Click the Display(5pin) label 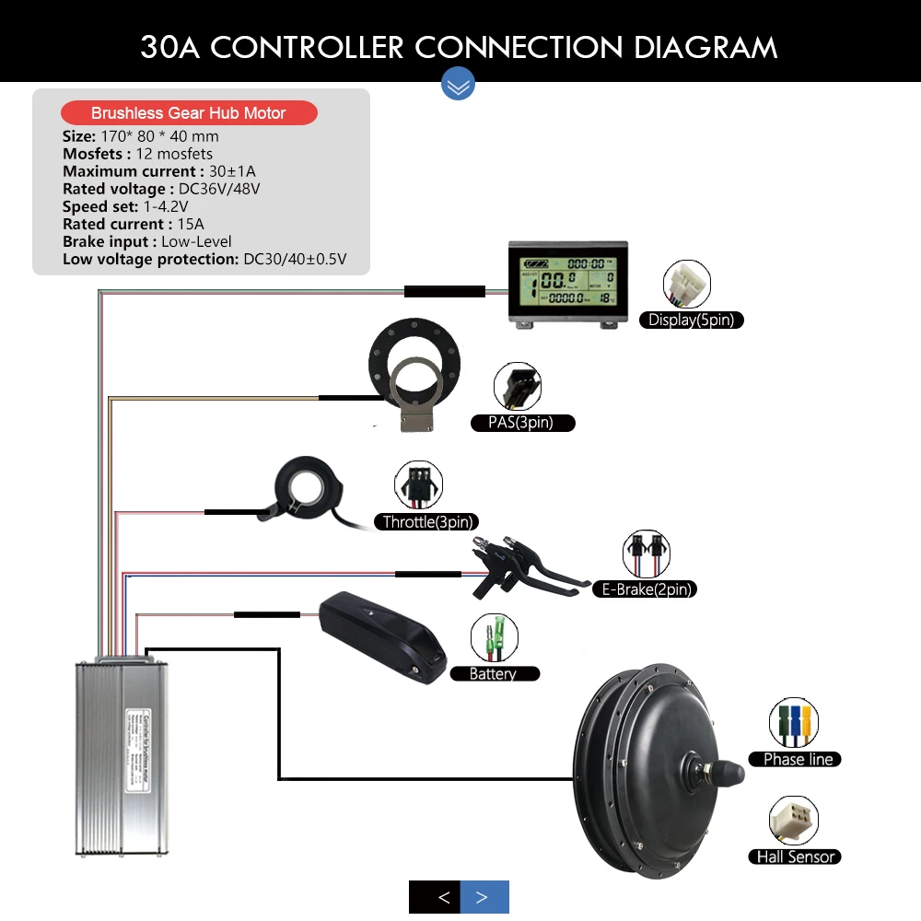692,321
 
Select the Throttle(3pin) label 429,522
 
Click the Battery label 494,674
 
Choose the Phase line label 798,760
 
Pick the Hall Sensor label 795,857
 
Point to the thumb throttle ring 303,485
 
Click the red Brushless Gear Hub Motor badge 189,113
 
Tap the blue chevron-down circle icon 459,85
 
